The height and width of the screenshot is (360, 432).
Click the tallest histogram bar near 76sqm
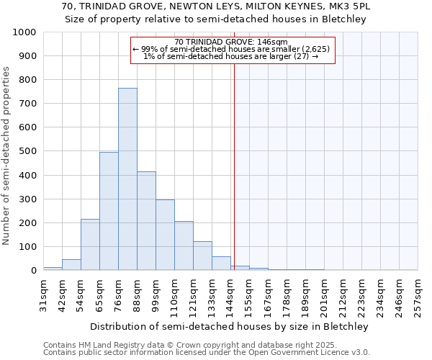(x=127, y=179)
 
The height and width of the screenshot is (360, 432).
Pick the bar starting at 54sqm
(x=90, y=245)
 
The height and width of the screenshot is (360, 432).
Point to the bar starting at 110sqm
(x=184, y=246)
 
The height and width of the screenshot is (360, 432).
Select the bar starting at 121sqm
(x=202, y=256)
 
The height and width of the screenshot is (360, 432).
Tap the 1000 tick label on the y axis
(x=24, y=32)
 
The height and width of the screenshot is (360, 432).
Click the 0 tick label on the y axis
(x=33, y=271)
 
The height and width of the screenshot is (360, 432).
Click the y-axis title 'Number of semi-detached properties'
(x=7, y=155)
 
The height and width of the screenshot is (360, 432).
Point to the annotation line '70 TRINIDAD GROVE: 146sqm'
(x=230, y=42)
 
